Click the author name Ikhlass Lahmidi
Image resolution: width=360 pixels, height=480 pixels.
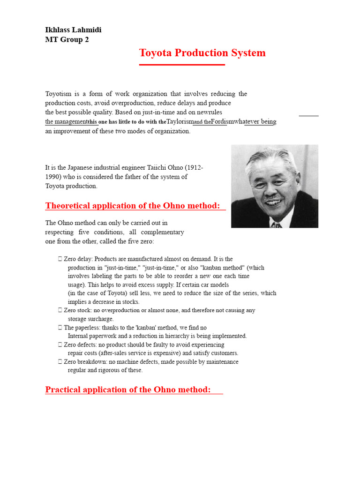73,30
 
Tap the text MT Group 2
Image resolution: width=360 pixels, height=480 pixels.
67,40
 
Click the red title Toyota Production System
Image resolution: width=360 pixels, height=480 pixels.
202,53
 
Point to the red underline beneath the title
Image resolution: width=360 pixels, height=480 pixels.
182,65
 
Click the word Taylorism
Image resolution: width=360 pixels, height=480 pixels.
180,122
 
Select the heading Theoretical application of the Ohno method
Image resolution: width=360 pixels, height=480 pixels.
133,206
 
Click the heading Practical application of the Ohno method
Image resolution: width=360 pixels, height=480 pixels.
128,390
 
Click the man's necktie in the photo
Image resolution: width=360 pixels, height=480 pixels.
276,225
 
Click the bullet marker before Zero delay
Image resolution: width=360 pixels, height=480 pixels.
60,259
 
